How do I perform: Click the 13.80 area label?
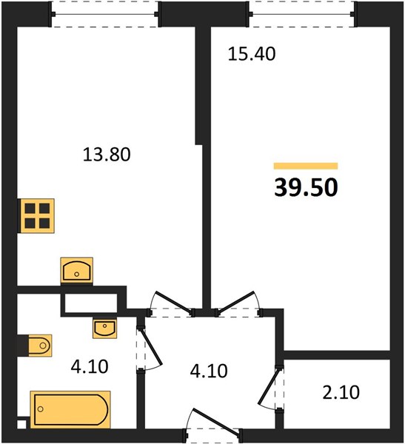[x=107, y=155]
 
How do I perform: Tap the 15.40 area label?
[x=252, y=54]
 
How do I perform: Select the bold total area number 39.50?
[x=306, y=187]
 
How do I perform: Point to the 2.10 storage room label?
[x=341, y=392]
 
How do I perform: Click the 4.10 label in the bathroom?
[x=90, y=366]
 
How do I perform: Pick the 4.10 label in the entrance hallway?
[x=209, y=371]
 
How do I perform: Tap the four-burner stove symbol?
[x=37, y=216]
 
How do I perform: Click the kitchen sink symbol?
[x=76, y=270]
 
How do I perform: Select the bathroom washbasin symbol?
[x=104, y=329]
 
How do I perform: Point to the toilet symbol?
[x=40, y=346]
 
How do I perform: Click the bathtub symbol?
[x=70, y=409]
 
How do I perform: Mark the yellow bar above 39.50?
[x=306, y=166]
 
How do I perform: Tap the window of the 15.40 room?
[x=302, y=14]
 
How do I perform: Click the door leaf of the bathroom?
[x=151, y=346]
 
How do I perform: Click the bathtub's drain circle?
[x=41, y=409]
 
